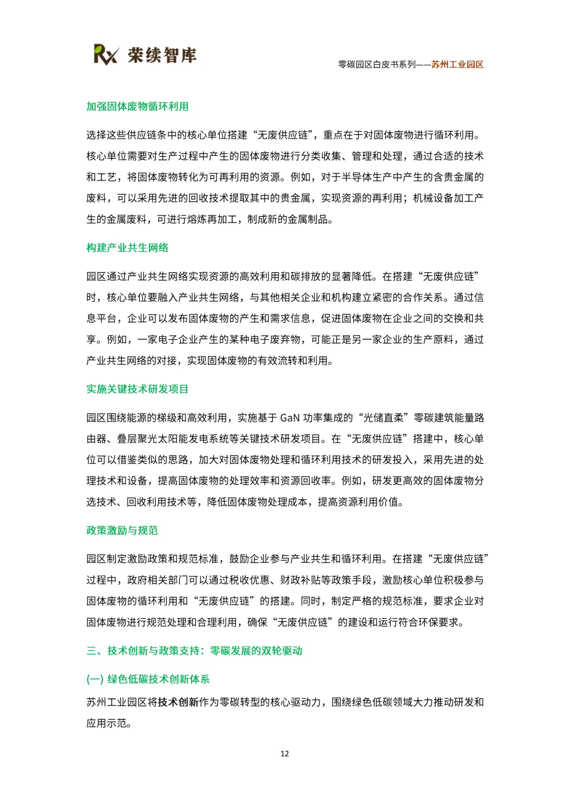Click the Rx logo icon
pyautogui.click(x=106, y=54)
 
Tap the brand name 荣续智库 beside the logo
pyautogui.click(x=162, y=55)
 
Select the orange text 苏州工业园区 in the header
pyautogui.click(x=457, y=64)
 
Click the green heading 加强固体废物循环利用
pyautogui.click(x=137, y=107)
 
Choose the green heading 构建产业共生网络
pyautogui.click(x=127, y=248)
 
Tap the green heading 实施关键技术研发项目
pyautogui.click(x=137, y=389)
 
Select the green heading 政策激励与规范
pyautogui.click(x=122, y=530)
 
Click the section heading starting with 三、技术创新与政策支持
pyautogui.click(x=194, y=650)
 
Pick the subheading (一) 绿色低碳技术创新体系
pyautogui.click(x=148, y=679)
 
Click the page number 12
pyautogui.click(x=284, y=754)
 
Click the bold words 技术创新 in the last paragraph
pyautogui.click(x=178, y=702)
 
